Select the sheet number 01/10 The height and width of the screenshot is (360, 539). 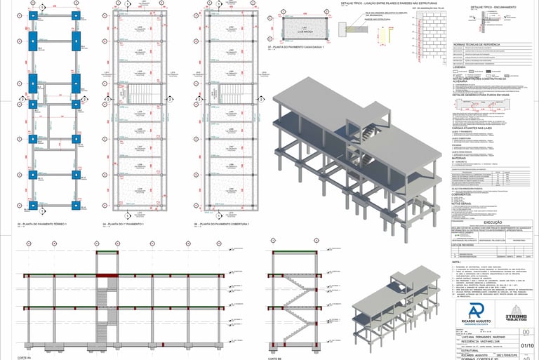tap(527, 345)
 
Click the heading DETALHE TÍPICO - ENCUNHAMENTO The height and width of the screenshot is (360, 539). tap(493, 7)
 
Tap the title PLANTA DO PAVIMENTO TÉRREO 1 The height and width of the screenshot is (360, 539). tap(43, 224)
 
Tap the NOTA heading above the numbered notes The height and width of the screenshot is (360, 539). tap(456, 262)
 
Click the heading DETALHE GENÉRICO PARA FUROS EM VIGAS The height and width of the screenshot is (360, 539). tap(484, 94)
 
